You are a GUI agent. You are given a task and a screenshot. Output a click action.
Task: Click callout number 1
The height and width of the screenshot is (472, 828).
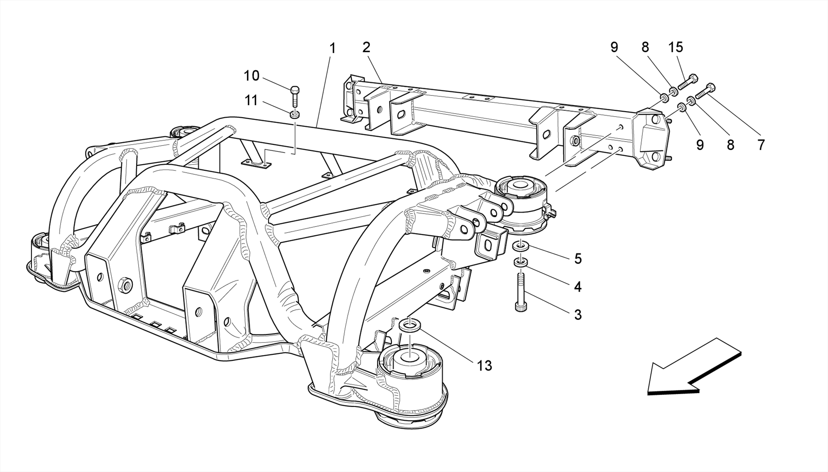click(x=332, y=49)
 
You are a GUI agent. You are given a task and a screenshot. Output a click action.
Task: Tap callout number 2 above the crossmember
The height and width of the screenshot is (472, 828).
click(x=366, y=48)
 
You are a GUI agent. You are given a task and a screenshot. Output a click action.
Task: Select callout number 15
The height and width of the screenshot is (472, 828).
click(x=676, y=47)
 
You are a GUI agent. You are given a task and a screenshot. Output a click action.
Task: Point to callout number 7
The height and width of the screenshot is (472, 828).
click(x=761, y=145)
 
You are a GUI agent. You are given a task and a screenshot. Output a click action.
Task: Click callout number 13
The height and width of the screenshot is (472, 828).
click(x=484, y=366)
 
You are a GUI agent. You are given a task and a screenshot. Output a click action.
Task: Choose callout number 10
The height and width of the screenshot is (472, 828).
click(x=251, y=76)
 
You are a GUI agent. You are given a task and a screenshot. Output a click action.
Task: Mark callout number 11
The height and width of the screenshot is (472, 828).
click(x=251, y=100)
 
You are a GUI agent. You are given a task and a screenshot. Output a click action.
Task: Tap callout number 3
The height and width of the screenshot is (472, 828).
click(x=578, y=314)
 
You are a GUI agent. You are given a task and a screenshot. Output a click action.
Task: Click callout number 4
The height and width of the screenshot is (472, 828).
click(x=578, y=287)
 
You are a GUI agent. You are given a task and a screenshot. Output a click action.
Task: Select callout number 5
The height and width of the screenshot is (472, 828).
click(x=578, y=259)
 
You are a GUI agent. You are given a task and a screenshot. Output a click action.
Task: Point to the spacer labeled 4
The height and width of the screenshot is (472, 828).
click(x=520, y=263)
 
